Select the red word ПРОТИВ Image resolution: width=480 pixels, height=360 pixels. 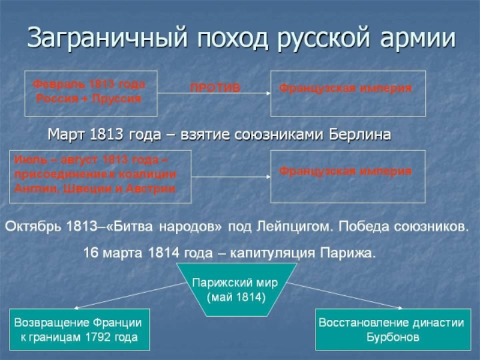pyautogui.click(x=215, y=88)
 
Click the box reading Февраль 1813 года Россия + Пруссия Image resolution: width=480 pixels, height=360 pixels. pyautogui.click(x=90, y=93)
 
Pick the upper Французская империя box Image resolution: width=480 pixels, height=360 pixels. pyautogui.click(x=348, y=93)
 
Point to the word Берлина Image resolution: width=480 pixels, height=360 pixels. pyautogui.click(x=360, y=133)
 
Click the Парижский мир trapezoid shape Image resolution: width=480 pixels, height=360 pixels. pyautogui.click(x=236, y=289)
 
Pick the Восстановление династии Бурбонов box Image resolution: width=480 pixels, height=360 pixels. pyautogui.click(x=392, y=329)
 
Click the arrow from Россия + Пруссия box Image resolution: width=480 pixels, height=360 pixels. pyautogui.click(x=213, y=94)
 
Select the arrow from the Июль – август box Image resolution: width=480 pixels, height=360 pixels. pyautogui.click(x=230, y=176)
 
